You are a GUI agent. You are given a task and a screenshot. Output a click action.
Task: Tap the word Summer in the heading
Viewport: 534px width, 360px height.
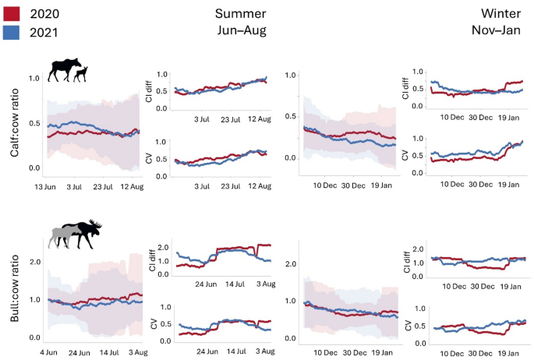pos(241,13)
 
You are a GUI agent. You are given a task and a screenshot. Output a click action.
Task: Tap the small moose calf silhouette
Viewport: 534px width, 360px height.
pos(81,72)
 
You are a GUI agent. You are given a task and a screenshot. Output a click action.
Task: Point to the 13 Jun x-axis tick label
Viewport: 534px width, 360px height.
pos(46,187)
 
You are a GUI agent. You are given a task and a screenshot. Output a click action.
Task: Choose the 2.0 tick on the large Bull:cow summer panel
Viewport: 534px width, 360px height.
pos(34,261)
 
